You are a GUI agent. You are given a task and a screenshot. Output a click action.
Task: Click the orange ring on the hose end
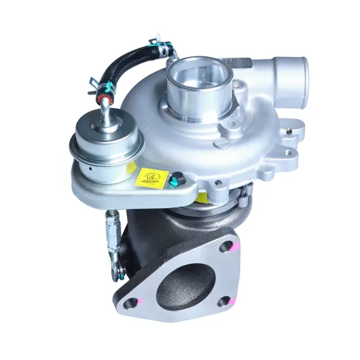click(102, 99)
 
